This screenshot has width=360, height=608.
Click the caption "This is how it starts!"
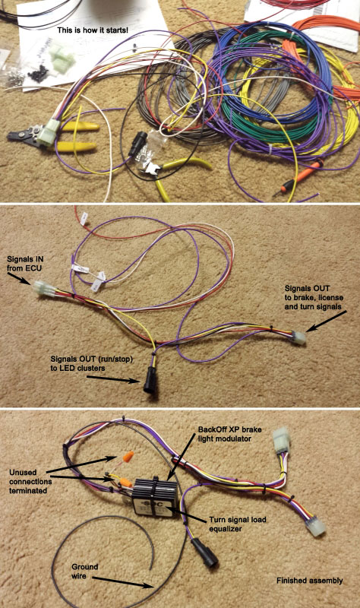(x=93, y=30)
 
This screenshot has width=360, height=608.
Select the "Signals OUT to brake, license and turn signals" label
(x=314, y=297)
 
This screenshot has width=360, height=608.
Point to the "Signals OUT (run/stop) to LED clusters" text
(x=91, y=364)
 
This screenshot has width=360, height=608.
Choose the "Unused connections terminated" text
(x=30, y=482)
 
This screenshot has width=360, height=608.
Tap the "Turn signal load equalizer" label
(x=238, y=524)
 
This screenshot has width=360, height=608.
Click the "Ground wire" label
(x=84, y=572)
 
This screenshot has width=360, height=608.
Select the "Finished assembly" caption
(x=310, y=581)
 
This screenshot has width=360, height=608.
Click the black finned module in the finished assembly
(x=155, y=496)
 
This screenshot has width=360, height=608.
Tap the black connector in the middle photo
(x=150, y=380)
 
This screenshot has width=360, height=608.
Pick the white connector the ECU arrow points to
(x=42, y=289)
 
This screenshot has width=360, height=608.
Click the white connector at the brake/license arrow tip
(x=298, y=337)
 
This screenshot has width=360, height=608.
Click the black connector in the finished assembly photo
(x=204, y=552)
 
